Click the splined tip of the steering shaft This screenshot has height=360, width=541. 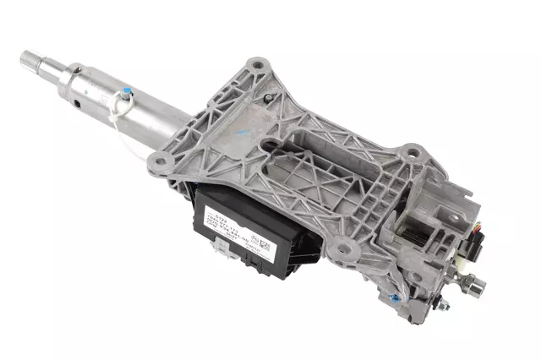tap(30, 60)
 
